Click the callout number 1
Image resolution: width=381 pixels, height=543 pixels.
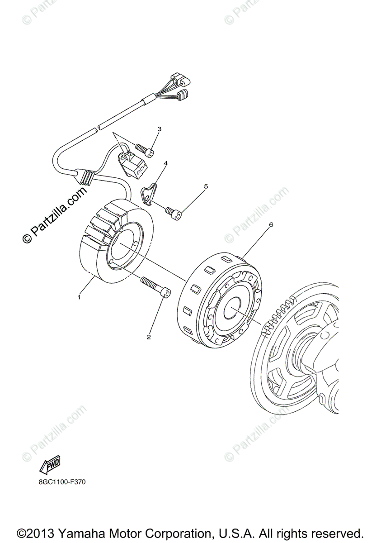[x=79, y=297]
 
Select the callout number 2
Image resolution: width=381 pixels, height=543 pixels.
[x=148, y=337]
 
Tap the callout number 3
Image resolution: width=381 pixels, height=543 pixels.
[x=159, y=129]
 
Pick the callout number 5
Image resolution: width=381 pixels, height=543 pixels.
[x=206, y=186]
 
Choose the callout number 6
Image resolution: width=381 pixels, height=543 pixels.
[x=271, y=224]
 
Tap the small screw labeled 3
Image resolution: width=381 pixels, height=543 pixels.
[x=145, y=150]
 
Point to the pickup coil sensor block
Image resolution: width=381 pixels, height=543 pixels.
[x=132, y=163]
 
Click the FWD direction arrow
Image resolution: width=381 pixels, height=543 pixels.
[x=50, y=464]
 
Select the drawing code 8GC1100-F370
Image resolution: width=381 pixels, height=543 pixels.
[x=62, y=482]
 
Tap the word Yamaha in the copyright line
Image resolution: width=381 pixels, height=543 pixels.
[x=83, y=533]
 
